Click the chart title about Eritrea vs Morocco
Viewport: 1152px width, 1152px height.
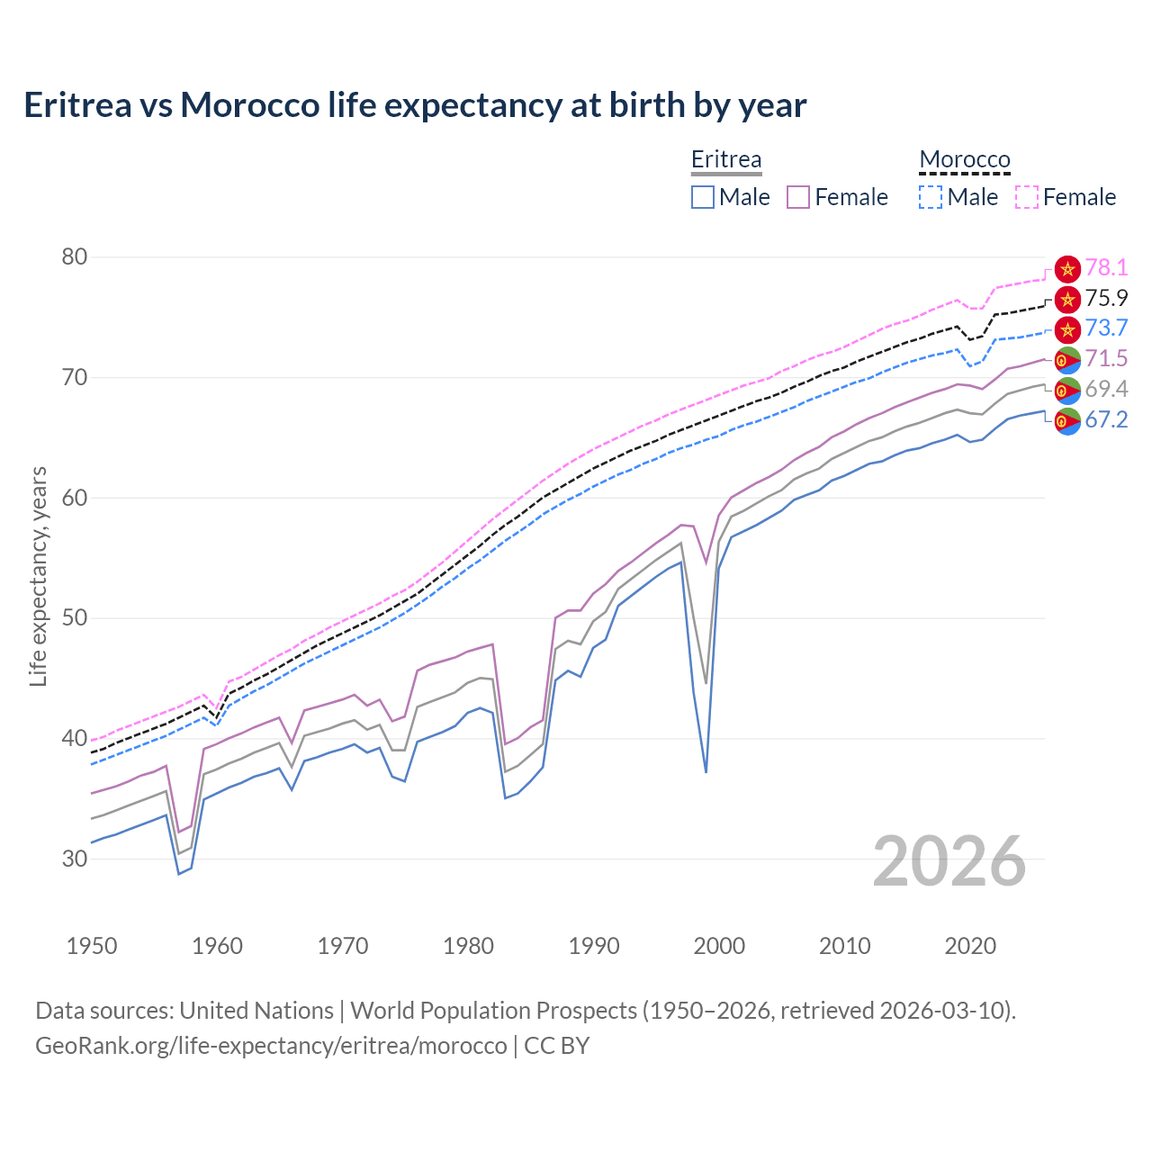click(x=415, y=105)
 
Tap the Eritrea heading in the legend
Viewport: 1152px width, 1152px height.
click(x=726, y=159)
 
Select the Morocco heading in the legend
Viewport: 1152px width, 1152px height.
click(x=964, y=159)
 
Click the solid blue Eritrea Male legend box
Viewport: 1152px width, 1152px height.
click(x=703, y=197)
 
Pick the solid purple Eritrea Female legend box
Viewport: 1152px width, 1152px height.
click(x=798, y=197)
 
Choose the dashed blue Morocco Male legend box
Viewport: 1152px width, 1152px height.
click(x=931, y=197)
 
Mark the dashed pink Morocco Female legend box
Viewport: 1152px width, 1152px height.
click(x=1027, y=197)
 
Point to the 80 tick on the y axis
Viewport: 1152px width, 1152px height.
click(x=75, y=257)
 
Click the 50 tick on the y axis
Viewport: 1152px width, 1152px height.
click(x=75, y=618)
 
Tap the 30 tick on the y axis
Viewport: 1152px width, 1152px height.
click(x=75, y=859)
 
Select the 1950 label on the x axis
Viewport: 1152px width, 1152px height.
click(x=92, y=946)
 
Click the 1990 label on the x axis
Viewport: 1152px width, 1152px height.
click(x=594, y=946)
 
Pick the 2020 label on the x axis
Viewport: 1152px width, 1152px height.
click(x=970, y=946)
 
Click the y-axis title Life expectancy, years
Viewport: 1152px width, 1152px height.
click(x=38, y=576)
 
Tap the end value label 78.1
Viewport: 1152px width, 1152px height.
click(x=1106, y=267)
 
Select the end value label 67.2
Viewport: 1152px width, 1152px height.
click(x=1106, y=419)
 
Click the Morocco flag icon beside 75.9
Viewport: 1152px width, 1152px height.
click(x=1067, y=299)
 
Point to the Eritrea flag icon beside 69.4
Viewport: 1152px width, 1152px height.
click(x=1067, y=390)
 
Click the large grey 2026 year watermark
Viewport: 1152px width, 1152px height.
click(x=949, y=861)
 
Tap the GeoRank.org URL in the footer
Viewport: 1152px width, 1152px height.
click(x=271, y=1046)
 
